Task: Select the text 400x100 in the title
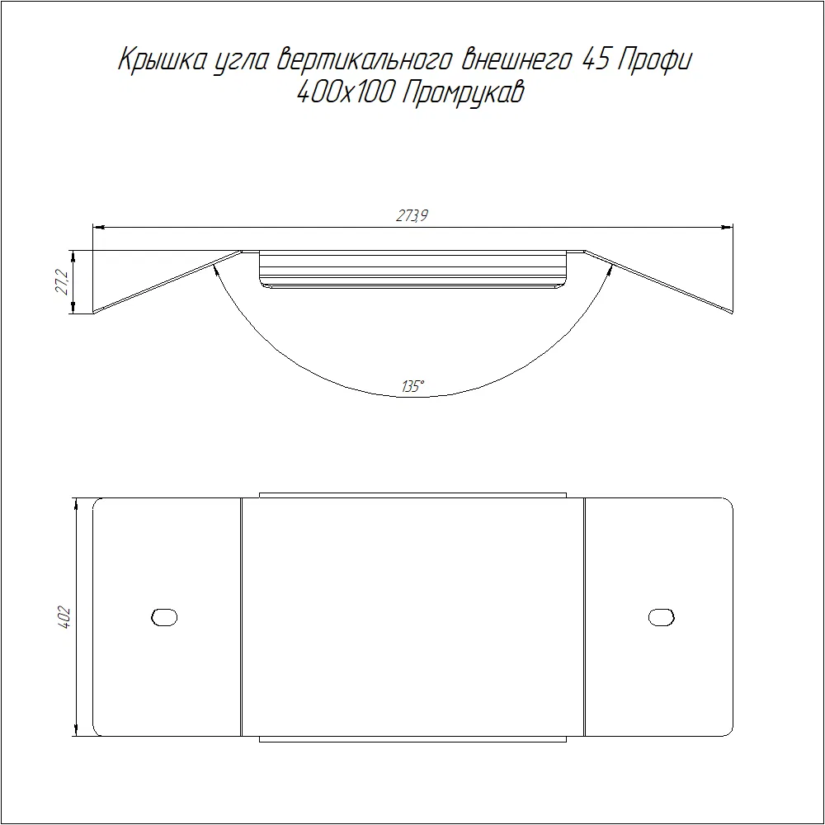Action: tap(346, 93)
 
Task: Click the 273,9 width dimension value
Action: tap(412, 215)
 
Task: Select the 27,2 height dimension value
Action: tap(62, 282)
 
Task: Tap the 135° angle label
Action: tap(413, 387)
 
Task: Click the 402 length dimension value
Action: tap(64, 619)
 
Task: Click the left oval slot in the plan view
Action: tap(164, 617)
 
